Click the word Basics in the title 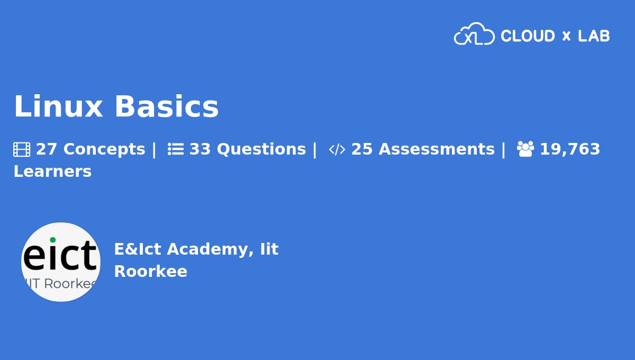tap(166, 106)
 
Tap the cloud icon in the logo tap(474, 34)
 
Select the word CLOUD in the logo tap(528, 36)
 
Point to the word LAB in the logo tap(594, 36)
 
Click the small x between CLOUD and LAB tap(566, 36)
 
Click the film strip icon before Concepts tap(22, 149)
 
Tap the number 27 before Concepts tap(46, 149)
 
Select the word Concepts tap(104, 149)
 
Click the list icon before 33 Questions tap(176, 149)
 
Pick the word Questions tap(261, 149)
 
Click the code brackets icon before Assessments tap(337, 149)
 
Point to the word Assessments tap(437, 149)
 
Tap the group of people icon tap(525, 149)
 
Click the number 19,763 tap(570, 149)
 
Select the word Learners tap(52, 172)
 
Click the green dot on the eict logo tap(52, 240)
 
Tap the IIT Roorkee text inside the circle tap(61, 284)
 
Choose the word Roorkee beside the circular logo tap(151, 271)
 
